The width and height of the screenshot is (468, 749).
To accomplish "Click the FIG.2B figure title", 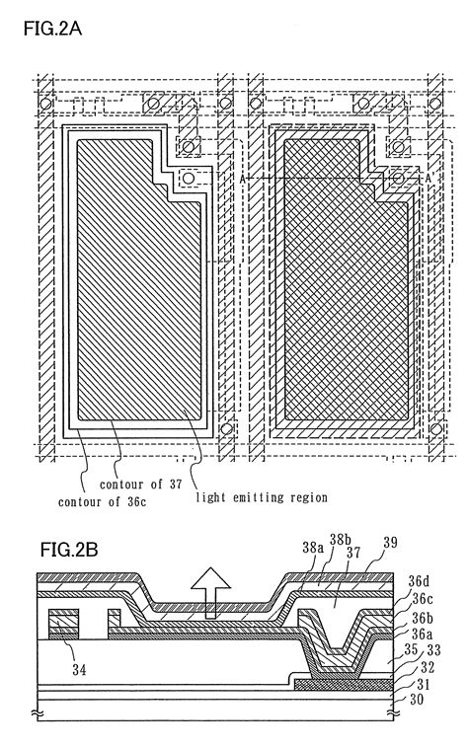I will [68, 548].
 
